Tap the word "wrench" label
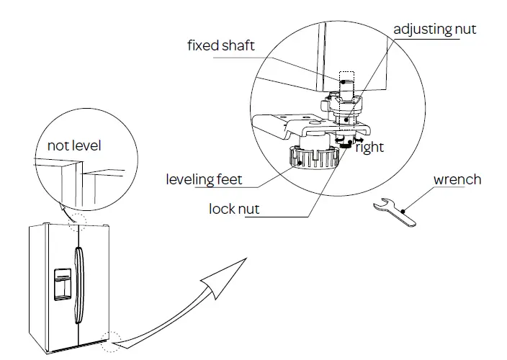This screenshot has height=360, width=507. [x=457, y=179]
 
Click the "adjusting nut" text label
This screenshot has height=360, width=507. [x=434, y=30]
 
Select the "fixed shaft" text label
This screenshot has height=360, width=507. [x=221, y=46]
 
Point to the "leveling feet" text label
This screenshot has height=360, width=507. [x=204, y=179]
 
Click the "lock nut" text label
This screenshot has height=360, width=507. [x=234, y=209]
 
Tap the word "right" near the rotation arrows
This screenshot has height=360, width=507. [x=369, y=148]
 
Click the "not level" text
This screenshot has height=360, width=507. [x=74, y=146]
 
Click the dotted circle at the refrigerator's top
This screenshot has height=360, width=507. [x=76, y=222]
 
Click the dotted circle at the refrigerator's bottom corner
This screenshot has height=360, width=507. [x=110, y=341]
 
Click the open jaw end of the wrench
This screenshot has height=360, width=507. [x=380, y=206]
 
